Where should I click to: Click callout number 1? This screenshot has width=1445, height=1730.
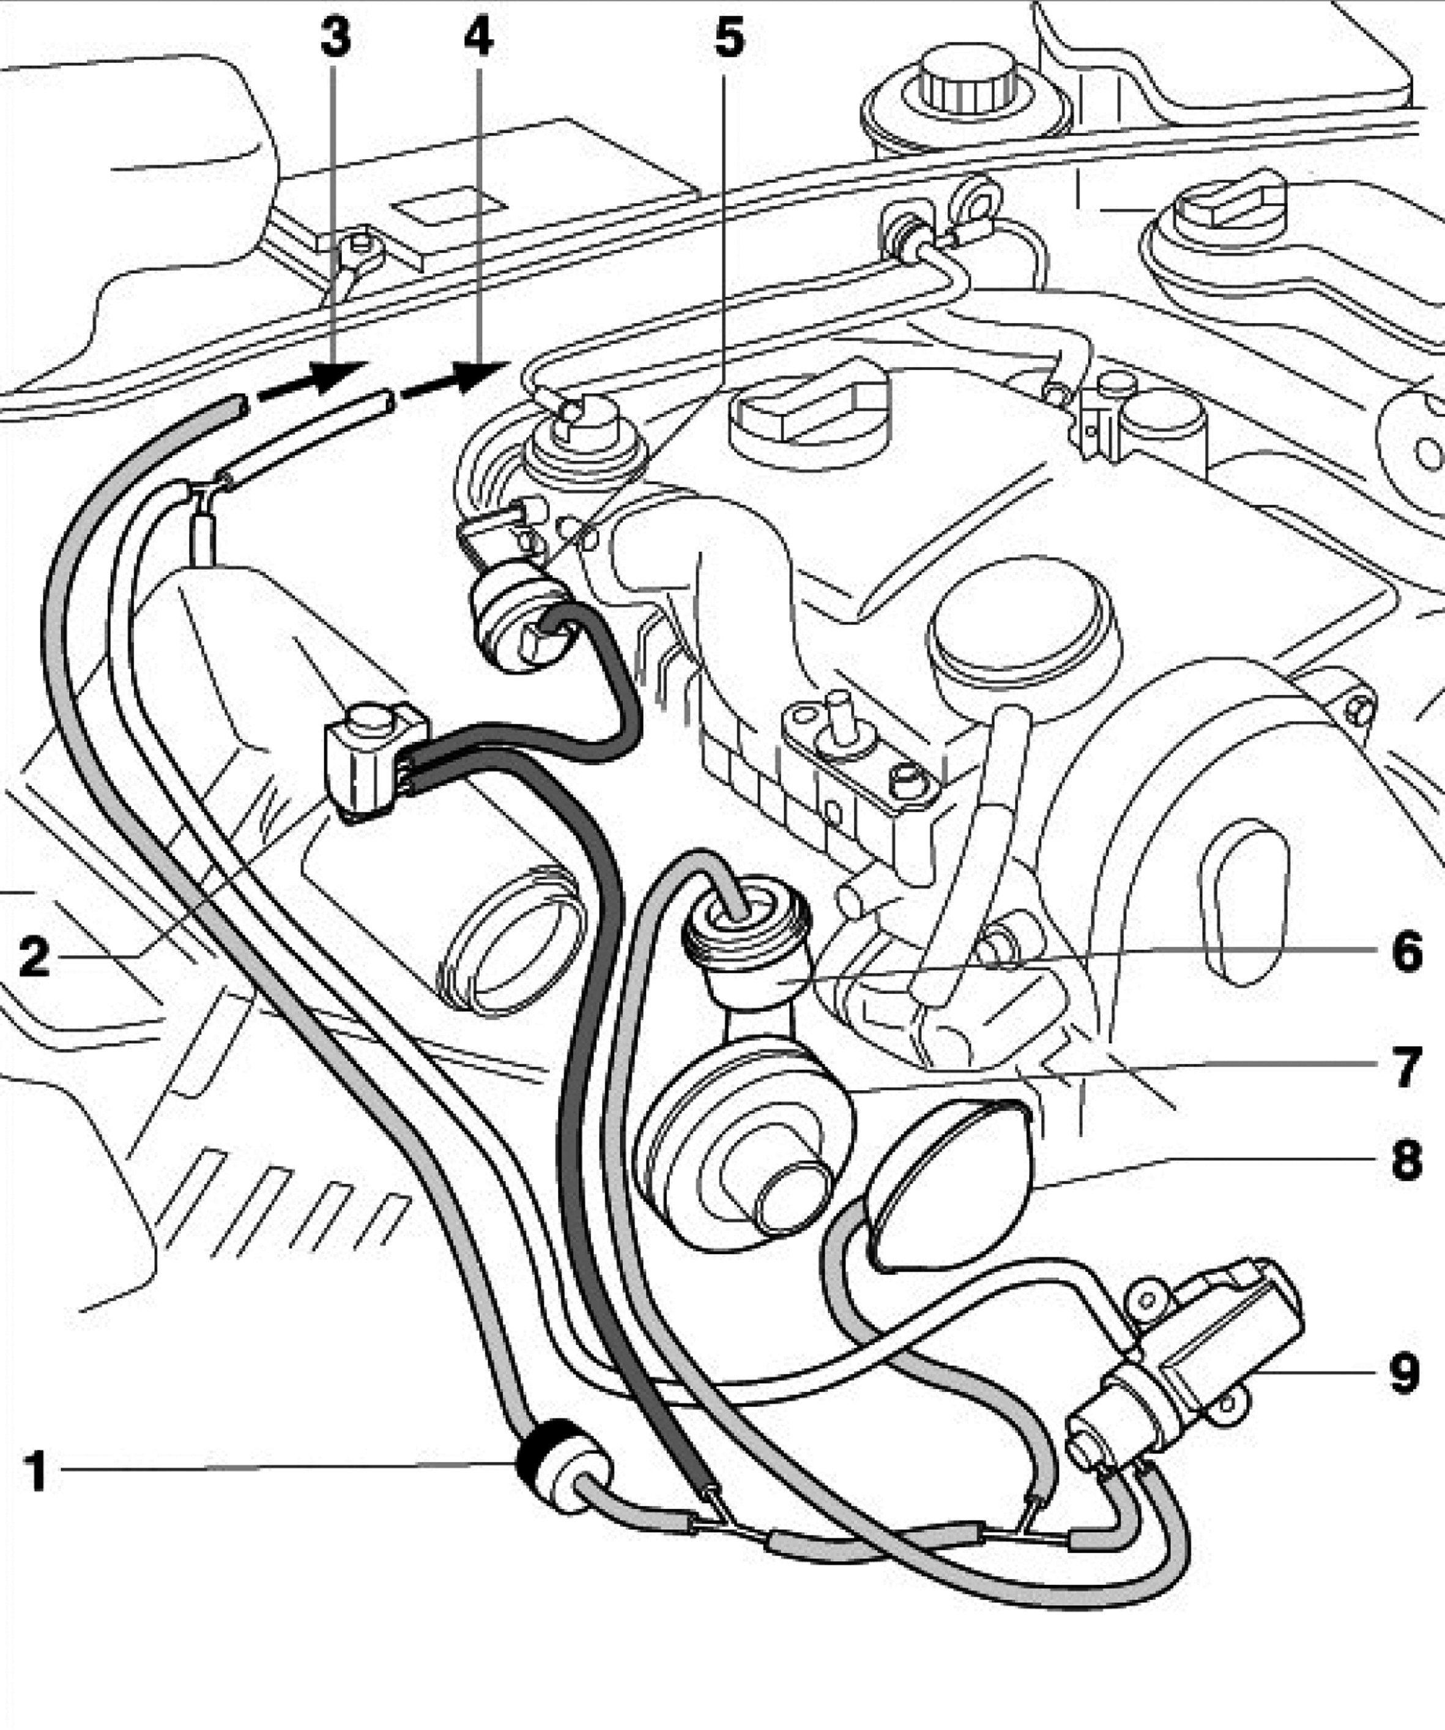pos(35,1471)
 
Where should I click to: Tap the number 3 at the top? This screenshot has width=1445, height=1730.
pos(335,38)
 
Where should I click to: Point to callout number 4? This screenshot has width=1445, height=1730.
pos(478,38)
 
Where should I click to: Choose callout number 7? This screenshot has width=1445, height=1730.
pos(1407,1067)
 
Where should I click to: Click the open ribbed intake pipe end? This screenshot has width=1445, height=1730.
pos(511,939)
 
